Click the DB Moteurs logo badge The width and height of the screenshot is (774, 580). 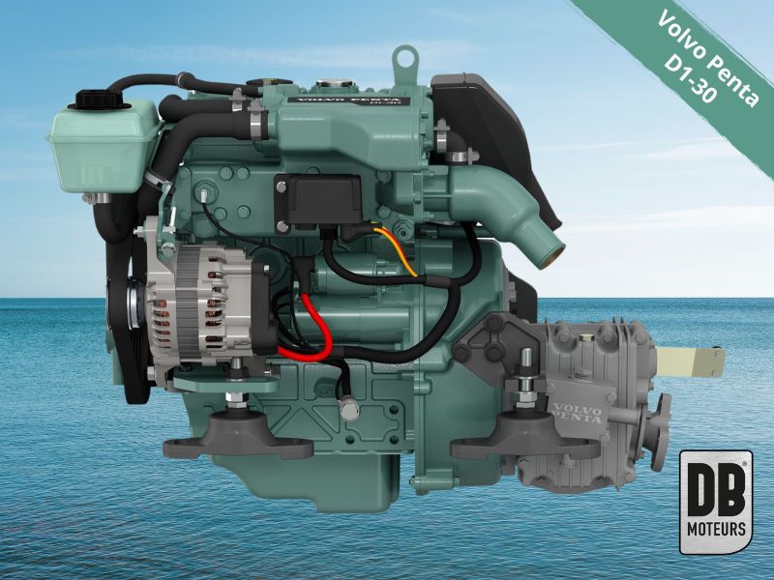point(716,502)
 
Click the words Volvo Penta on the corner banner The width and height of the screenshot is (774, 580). point(709,58)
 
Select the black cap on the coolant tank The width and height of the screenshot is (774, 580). point(100,100)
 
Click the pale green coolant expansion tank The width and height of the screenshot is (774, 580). point(104,146)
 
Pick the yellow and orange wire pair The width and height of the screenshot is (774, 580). point(395,251)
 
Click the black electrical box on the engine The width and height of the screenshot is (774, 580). point(318,199)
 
